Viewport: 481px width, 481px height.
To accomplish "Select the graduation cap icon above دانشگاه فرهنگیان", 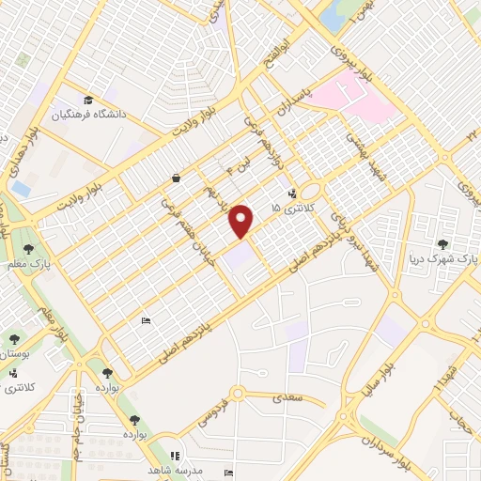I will [87, 101].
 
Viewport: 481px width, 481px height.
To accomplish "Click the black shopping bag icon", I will [176, 178].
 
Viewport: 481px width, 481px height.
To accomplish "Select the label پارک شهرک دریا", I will [446, 256].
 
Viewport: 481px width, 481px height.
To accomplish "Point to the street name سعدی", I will [288, 398].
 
